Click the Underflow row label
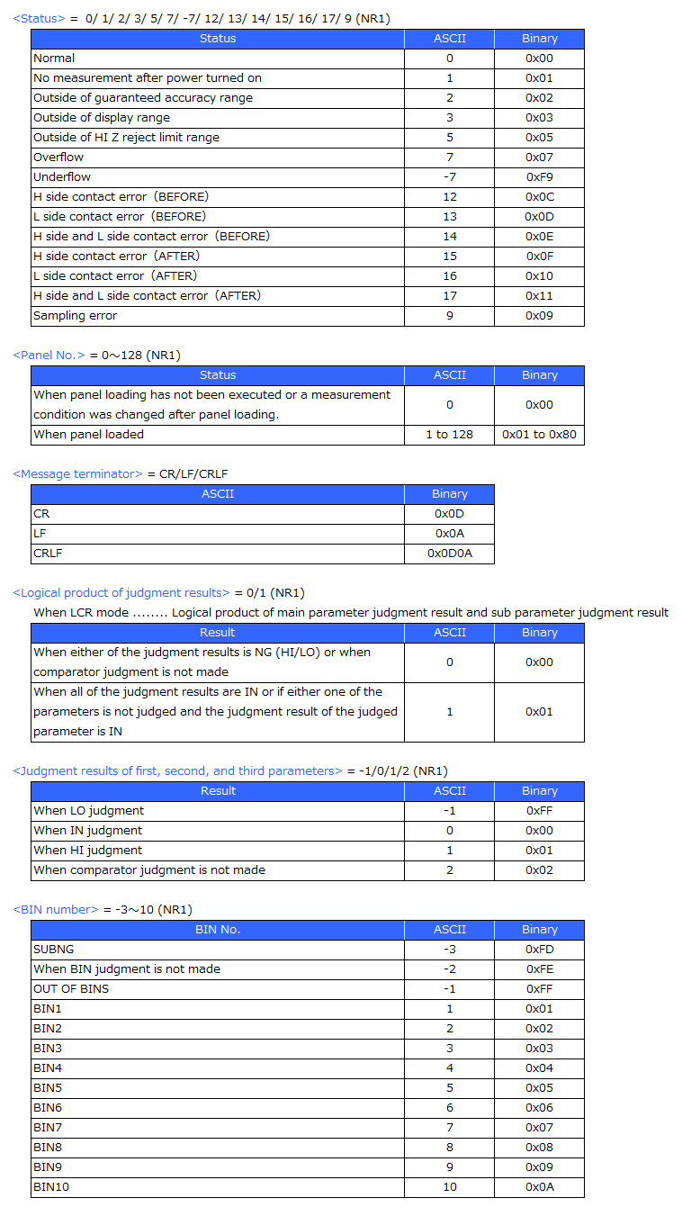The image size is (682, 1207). tap(62, 177)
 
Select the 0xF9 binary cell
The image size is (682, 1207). tap(539, 177)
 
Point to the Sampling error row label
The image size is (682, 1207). tap(76, 316)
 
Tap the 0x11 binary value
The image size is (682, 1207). tap(539, 296)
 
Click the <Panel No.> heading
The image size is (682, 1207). tap(49, 356)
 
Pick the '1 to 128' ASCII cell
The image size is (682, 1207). tap(449, 435)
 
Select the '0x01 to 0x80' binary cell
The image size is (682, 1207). tap(539, 435)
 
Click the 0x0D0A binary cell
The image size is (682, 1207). tap(449, 554)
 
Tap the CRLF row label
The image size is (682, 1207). tap(48, 554)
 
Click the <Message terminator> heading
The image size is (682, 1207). tap(77, 474)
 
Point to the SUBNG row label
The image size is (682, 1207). tap(54, 950)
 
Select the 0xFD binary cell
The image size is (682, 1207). tap(539, 950)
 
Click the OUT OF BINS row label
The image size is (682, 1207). tap(71, 989)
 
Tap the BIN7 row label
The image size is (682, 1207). tap(48, 1128)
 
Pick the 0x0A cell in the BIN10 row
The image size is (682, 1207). tap(539, 1187)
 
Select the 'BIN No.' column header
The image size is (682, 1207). tap(218, 930)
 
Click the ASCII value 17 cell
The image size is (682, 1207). tap(449, 296)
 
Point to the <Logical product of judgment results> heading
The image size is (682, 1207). tap(121, 593)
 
